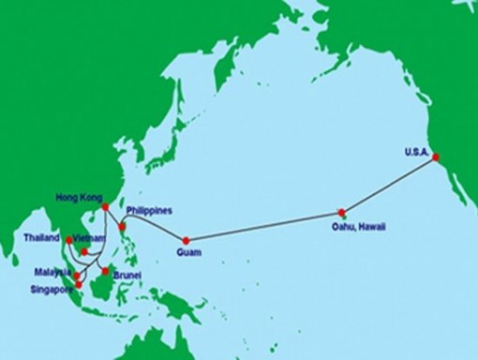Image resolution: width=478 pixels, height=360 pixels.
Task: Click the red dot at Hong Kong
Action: coord(105,207)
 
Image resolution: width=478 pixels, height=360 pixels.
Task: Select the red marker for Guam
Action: coord(186,240)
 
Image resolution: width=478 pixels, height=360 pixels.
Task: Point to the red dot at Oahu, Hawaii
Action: coord(342,212)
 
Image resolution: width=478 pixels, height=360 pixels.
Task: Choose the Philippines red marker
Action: coord(122,226)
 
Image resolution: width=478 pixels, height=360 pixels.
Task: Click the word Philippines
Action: coord(149,210)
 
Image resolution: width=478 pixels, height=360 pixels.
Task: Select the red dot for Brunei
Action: coord(105,271)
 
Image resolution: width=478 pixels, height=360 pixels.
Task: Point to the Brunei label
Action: coord(127,276)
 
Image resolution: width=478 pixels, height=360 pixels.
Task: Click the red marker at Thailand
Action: coord(68,240)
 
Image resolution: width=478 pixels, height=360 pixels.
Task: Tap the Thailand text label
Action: coord(42,239)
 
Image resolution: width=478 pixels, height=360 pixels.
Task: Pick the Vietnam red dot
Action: coord(84,251)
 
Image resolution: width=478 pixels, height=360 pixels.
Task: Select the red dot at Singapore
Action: coord(79,285)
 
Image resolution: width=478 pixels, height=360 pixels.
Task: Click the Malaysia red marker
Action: coord(77,276)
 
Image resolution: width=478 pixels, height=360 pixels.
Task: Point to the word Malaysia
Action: coord(49,272)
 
